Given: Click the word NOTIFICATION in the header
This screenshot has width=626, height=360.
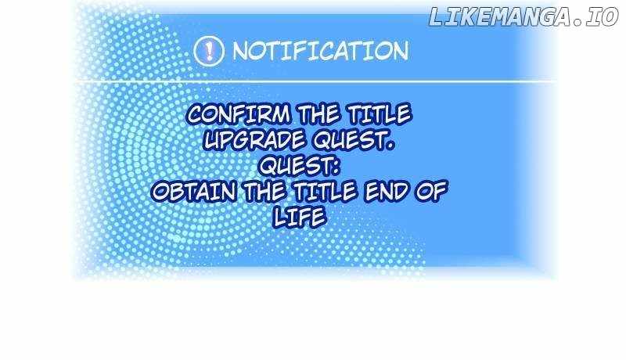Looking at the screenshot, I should coord(320,52).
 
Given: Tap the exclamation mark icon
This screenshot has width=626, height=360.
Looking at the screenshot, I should coord(209,52).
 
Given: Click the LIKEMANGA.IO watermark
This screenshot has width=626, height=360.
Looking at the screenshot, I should coord(524,18).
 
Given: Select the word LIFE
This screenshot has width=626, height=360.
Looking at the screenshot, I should coord(298,217).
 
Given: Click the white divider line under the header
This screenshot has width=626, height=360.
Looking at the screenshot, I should coord(313,81).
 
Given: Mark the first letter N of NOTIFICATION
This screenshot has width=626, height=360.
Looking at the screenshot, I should coord(241,52).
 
